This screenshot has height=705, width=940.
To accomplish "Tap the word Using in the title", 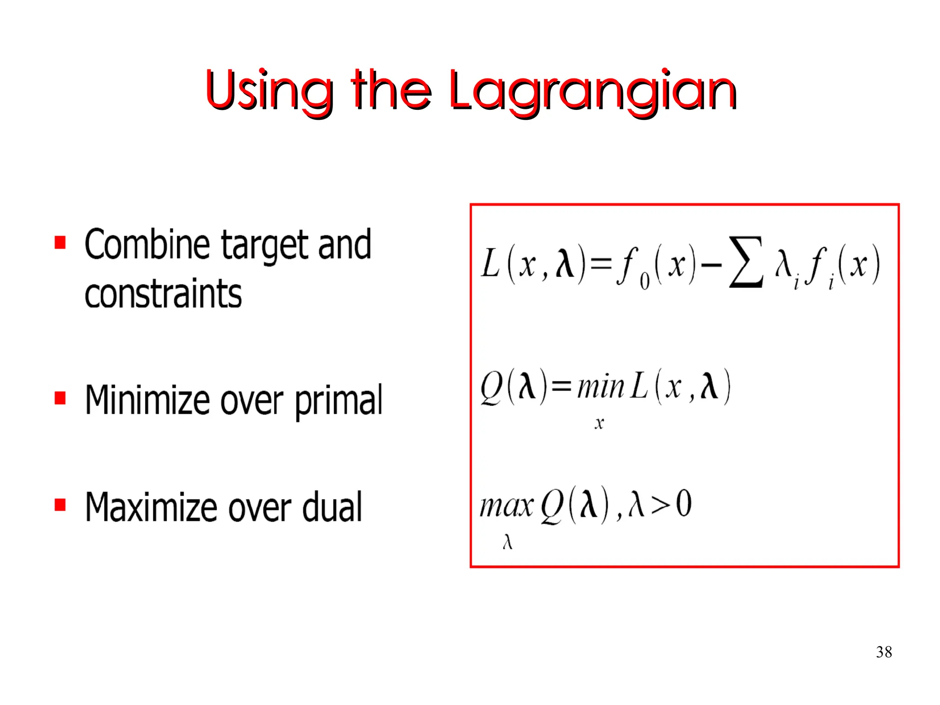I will (x=269, y=91).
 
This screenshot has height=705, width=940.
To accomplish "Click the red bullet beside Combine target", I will (x=60, y=242).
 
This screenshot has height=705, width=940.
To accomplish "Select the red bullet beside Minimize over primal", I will (x=60, y=398).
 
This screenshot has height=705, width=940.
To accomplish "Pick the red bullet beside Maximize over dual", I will (x=60, y=505).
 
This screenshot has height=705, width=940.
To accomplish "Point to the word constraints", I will (x=163, y=294).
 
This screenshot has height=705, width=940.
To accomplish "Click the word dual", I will (x=332, y=507).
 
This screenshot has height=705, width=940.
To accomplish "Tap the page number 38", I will (x=884, y=652).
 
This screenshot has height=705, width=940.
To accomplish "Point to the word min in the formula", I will (x=600, y=387).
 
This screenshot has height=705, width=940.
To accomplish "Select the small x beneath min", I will (x=599, y=423).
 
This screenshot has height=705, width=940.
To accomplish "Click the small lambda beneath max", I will (x=507, y=542).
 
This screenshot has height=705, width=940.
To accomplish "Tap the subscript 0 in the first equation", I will (x=644, y=281).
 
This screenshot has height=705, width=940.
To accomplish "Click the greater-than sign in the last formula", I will (x=660, y=505).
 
